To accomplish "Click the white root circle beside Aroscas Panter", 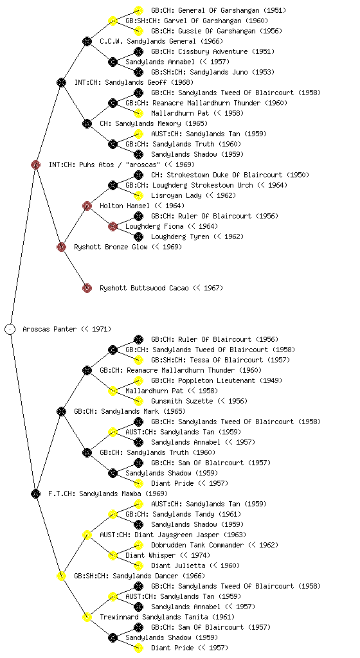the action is [x=10, y=329].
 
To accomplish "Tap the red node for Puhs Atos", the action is [x=35, y=164].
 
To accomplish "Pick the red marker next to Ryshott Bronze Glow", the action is [x=61, y=247].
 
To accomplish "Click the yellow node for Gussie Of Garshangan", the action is [x=138, y=31].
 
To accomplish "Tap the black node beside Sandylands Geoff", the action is [x=61, y=82].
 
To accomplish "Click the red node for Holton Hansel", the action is [x=87, y=206].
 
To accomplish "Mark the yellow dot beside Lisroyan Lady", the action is [x=138, y=195].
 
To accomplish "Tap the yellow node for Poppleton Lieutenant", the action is [x=138, y=380].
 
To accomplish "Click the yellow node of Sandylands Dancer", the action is [x=61, y=576].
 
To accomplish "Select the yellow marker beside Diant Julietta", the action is [x=138, y=565].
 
